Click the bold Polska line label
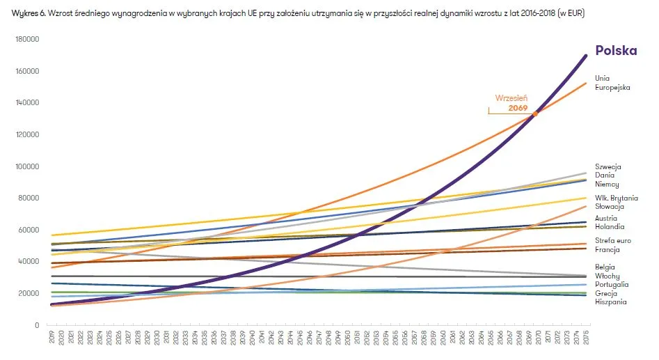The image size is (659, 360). click(616, 52)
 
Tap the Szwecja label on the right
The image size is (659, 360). click(608, 167)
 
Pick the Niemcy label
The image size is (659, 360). click(607, 185)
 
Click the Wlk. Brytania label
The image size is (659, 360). click(616, 198)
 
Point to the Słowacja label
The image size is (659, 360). click(610, 207)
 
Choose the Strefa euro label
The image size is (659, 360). click(612, 241)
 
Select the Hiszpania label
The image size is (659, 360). click(610, 302)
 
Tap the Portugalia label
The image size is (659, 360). click(612, 284)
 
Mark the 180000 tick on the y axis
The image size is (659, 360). click(26, 40)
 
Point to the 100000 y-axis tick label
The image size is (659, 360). click(26, 167)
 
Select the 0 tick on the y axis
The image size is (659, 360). click(37, 325)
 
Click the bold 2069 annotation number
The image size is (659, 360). click(518, 109)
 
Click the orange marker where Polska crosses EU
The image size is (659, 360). click(535, 113)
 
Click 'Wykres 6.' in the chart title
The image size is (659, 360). click(29, 13)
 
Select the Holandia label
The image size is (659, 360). click(609, 227)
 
